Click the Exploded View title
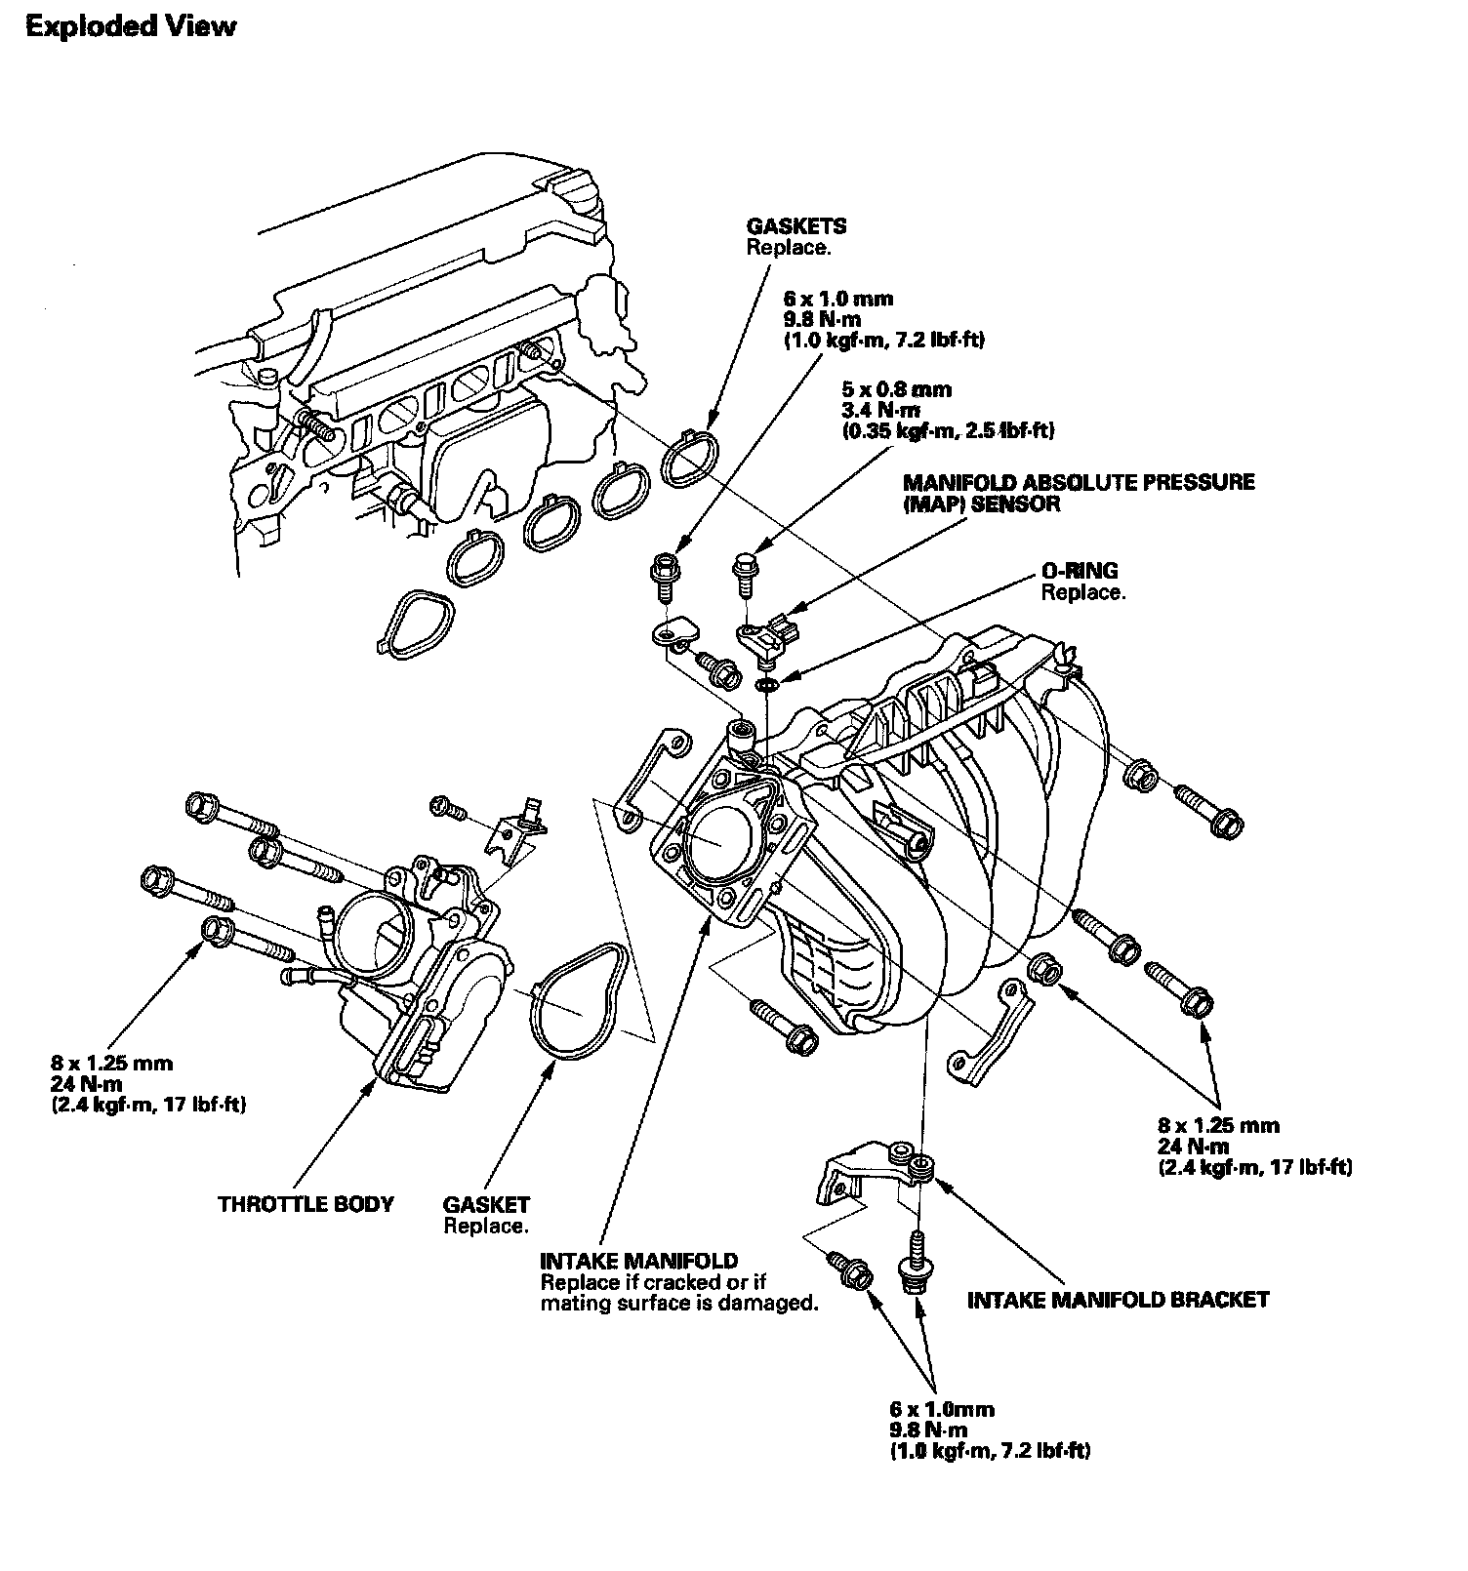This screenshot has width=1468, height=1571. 130,26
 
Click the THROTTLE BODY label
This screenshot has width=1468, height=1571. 306,1203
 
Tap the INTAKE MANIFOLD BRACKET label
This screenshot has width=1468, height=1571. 1118,1300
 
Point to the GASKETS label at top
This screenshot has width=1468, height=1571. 796,226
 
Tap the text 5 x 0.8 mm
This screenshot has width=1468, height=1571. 896,389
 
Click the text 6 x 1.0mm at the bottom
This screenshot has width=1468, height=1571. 941,1409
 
